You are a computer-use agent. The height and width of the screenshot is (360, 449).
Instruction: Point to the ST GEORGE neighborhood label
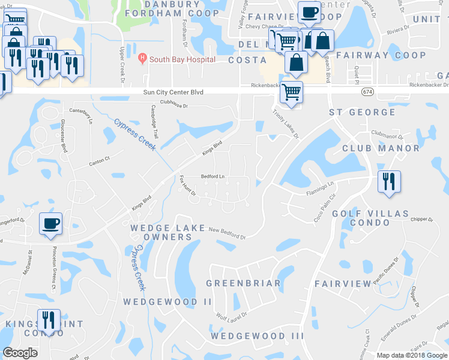click(362, 112)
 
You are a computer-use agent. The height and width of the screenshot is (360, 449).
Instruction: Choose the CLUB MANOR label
click(381, 148)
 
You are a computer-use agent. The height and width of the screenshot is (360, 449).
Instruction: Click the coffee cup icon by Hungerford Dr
click(50, 223)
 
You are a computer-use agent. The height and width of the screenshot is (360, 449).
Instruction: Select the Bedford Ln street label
click(212, 176)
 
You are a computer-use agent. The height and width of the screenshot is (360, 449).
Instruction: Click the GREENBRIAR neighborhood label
click(243, 283)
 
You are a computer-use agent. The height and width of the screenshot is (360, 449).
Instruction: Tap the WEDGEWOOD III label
click(257, 336)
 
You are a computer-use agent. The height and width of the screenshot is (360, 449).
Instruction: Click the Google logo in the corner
click(20, 353)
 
